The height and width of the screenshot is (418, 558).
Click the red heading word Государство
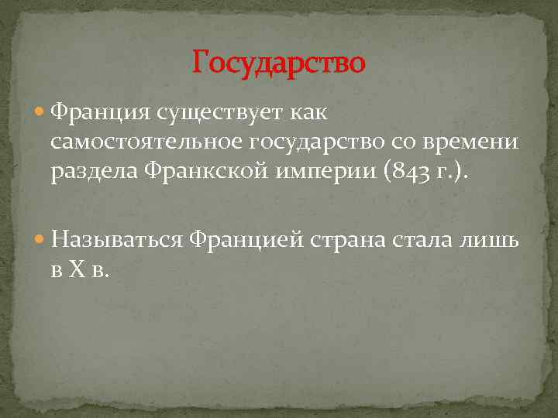click(x=278, y=62)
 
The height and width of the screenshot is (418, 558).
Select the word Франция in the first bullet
click(x=101, y=114)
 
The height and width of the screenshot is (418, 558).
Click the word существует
click(x=224, y=114)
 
